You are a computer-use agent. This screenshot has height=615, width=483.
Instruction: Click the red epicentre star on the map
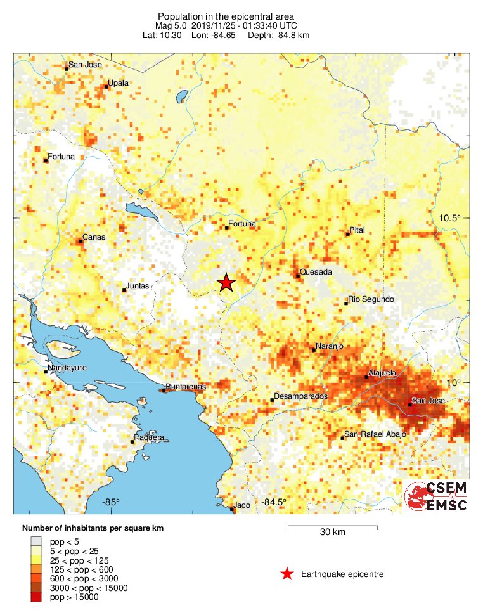point(226,283)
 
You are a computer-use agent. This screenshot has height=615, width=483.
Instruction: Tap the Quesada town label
point(316,272)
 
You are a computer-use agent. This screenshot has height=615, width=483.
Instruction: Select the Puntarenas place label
point(185,387)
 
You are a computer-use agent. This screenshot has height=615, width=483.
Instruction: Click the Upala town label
point(119,82)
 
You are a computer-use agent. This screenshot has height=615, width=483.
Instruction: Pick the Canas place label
point(94,238)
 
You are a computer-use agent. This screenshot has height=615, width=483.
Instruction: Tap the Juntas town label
point(138,286)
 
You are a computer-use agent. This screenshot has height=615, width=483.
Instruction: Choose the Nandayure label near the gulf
point(68,368)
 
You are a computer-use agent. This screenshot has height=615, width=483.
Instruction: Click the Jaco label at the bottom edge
point(242,505)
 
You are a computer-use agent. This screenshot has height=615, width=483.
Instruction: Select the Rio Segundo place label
point(371,299)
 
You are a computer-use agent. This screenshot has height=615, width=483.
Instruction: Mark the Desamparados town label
point(300,396)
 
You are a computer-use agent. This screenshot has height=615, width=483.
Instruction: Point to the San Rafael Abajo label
point(375,434)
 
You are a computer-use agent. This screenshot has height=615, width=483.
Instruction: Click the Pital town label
point(358,230)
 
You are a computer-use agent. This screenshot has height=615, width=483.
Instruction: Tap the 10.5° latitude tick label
point(451,218)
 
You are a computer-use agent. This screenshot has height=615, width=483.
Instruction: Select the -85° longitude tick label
point(111,503)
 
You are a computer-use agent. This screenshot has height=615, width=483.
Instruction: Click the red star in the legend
point(287,574)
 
